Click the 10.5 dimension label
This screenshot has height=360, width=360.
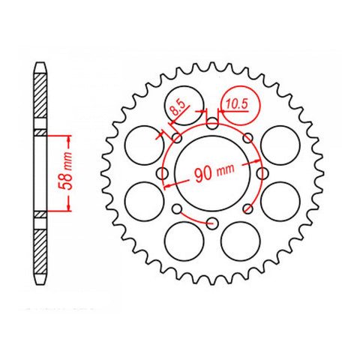(x=237, y=106)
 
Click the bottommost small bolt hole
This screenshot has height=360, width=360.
(x=212, y=223)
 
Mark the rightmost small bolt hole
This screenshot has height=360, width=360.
(x=261, y=174)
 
